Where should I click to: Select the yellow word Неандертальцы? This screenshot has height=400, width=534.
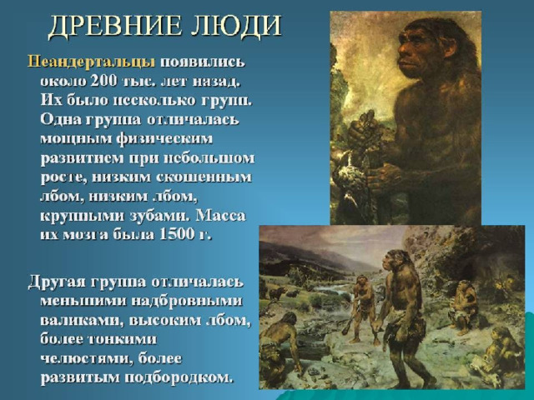click(91, 62)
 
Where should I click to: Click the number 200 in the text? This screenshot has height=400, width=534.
click(103, 81)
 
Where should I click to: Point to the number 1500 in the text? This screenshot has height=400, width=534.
click(174, 235)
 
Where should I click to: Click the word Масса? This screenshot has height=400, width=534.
click(220, 216)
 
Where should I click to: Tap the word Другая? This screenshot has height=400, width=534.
click(58, 282)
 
